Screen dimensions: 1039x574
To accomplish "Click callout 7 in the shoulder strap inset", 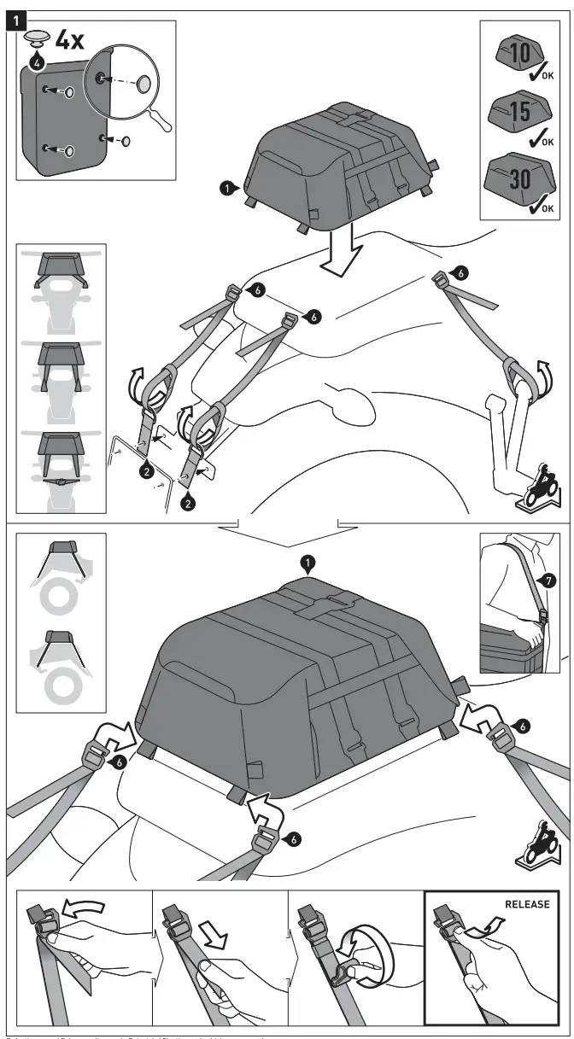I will (548, 581).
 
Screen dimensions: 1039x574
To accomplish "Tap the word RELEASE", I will (527, 904).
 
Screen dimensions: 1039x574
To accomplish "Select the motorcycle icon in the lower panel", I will (539, 843).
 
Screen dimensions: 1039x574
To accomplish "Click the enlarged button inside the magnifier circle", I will (143, 82).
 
